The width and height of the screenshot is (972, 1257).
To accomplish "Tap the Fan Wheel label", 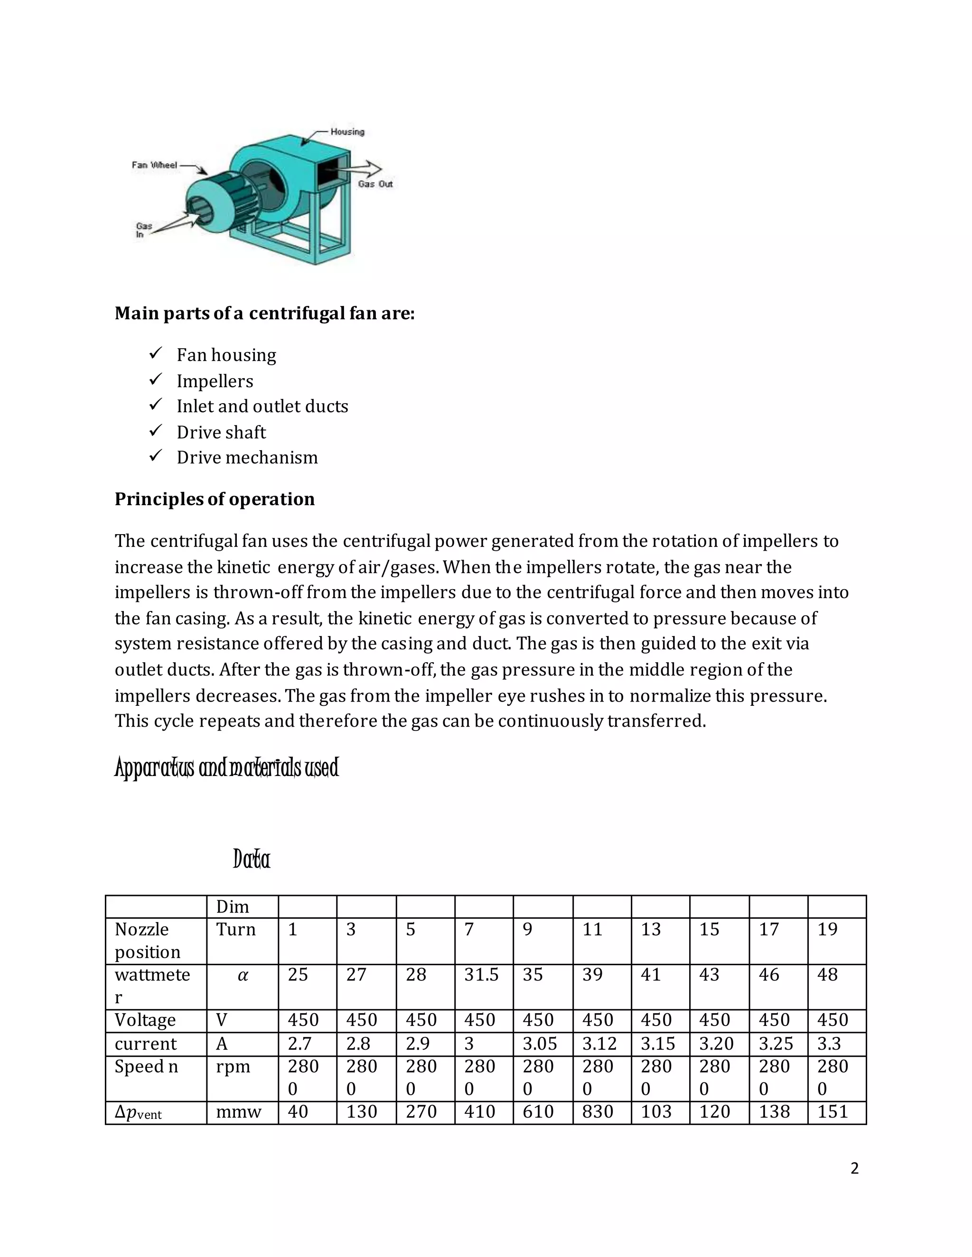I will pos(154,165).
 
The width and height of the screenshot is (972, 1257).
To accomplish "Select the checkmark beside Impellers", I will pos(156,380).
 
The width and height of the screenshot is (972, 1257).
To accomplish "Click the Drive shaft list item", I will pos(221,432).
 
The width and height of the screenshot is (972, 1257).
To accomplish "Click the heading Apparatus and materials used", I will pos(227,768).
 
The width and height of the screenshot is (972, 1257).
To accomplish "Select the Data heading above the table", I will pos(252,860).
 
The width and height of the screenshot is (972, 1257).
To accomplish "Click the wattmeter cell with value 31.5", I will pos(481,975).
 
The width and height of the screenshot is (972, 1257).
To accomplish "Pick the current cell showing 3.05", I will pos(540,1044).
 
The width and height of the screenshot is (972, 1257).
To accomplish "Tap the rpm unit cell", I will pos(233,1066).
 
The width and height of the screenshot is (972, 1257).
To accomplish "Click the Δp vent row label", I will pos(138,1112).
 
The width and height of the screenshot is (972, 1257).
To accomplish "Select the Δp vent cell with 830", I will pos(597,1112).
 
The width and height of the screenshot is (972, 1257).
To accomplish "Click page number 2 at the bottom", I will pos(854,1169).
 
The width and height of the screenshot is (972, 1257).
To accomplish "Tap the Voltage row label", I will pos(145,1020).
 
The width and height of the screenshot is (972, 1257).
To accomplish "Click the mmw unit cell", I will pos(238,1112).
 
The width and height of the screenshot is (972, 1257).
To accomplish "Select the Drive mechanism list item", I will pos(247,458).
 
